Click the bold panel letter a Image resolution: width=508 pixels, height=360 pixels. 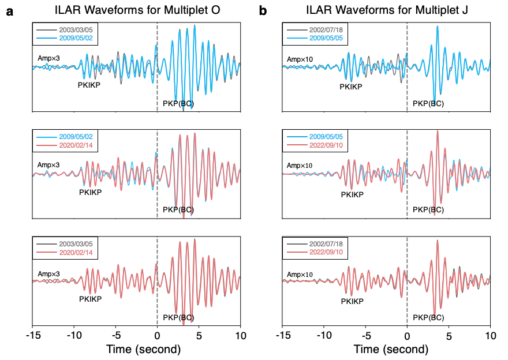click(10, 10)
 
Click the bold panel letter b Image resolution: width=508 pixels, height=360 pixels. click(263, 10)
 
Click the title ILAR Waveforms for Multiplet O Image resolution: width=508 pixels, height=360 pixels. click(136, 10)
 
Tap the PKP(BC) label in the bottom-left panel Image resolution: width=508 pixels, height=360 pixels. click(179, 317)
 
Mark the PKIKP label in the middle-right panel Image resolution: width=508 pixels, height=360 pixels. click(352, 195)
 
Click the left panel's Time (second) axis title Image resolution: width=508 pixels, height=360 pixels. click(143, 349)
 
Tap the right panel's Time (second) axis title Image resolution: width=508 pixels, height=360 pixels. click(391, 349)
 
